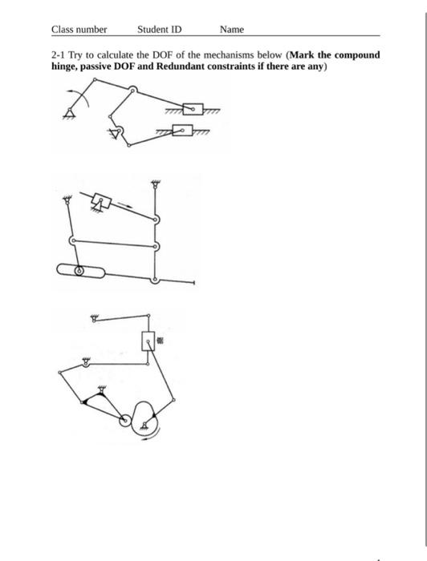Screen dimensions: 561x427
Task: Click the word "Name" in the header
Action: [232, 30]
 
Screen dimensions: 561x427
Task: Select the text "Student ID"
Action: [159, 30]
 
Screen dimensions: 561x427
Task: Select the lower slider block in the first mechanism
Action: [186, 130]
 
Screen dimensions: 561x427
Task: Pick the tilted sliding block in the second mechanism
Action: [100, 200]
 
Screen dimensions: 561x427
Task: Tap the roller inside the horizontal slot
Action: [79, 272]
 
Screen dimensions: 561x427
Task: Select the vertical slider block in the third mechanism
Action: [148, 341]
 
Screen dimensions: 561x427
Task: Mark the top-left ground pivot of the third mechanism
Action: [95, 318]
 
